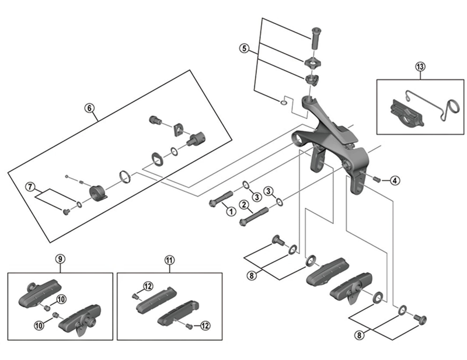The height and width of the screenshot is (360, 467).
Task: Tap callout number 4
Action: point(395,180)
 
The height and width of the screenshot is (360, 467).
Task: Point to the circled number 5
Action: point(244,48)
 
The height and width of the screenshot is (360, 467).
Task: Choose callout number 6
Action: point(89,107)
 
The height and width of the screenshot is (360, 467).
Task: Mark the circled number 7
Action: point(29,187)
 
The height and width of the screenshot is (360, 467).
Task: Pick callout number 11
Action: point(169,260)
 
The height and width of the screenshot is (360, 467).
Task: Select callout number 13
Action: point(420,66)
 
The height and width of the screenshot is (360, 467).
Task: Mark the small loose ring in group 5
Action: point(284,103)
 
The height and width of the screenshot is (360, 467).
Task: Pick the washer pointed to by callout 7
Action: point(78,203)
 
